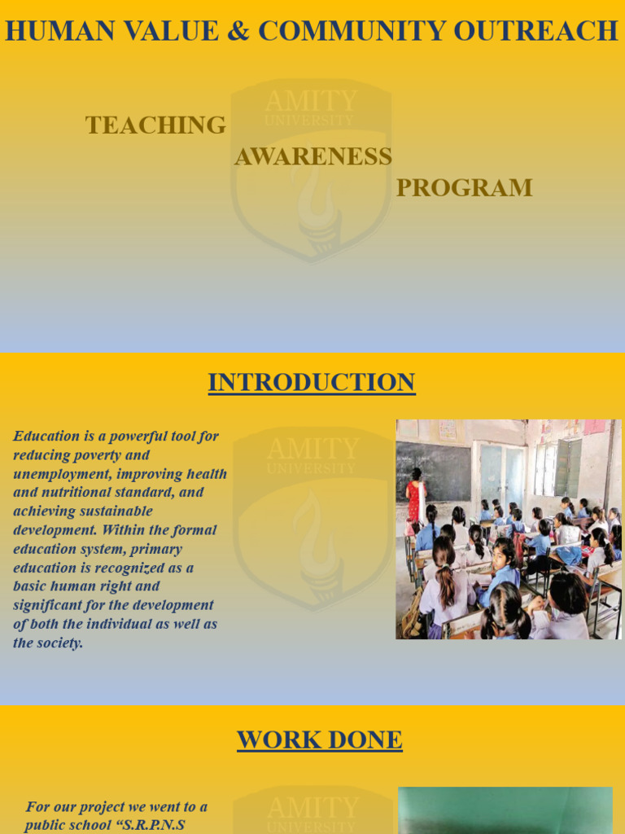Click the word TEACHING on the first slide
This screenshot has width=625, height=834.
tap(155, 125)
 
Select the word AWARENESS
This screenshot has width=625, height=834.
tap(313, 156)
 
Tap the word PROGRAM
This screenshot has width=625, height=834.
tap(464, 188)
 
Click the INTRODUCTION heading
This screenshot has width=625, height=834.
tap(312, 382)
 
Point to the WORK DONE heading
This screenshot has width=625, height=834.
tap(319, 740)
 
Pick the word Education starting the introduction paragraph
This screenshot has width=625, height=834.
tap(46, 436)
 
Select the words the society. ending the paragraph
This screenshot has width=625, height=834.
tap(48, 643)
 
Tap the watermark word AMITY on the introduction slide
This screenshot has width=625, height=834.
tap(312, 449)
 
